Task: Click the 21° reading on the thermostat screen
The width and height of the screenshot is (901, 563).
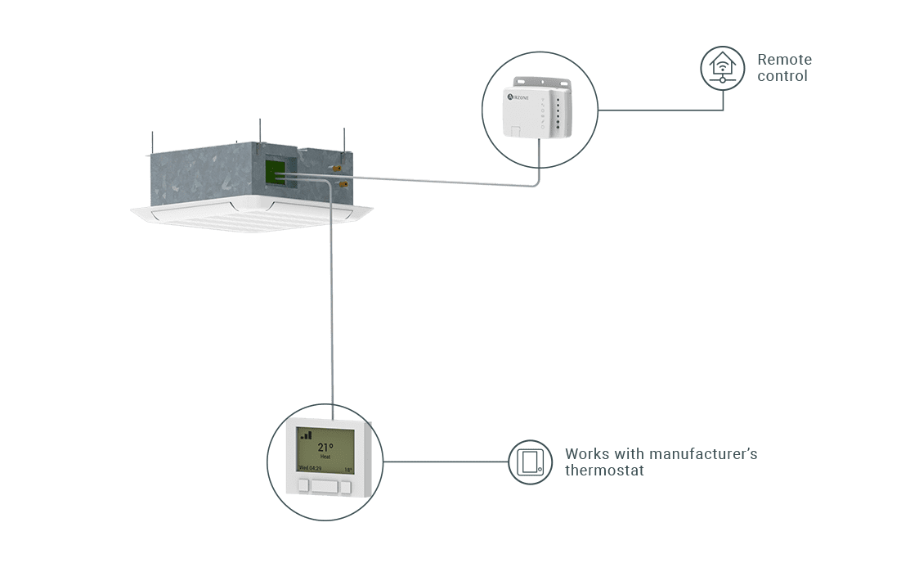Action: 325,448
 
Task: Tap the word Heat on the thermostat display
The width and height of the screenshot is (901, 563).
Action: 325,457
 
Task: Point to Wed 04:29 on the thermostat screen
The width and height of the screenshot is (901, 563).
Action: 309,469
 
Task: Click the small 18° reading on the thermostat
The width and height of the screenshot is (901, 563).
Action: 347,470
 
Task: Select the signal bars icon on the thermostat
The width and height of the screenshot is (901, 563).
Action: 306,435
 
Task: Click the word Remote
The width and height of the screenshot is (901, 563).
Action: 784,60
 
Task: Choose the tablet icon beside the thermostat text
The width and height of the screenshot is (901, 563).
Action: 530,462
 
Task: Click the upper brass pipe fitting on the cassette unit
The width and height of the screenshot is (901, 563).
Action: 335,168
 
